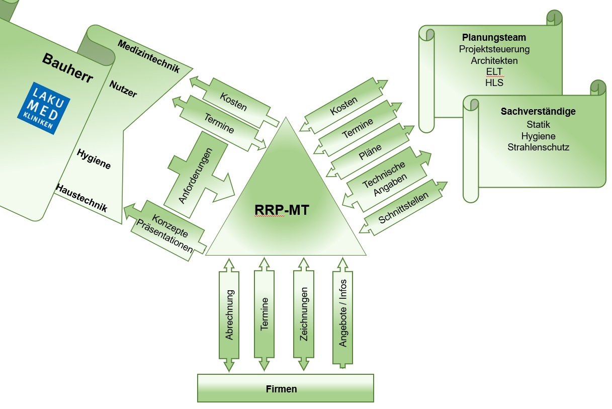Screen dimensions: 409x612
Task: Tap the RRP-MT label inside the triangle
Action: click(x=282, y=209)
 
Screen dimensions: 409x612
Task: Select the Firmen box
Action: click(x=285, y=389)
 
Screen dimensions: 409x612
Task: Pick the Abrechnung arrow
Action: click(x=229, y=315)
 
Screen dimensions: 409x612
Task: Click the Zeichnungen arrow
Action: click(x=303, y=315)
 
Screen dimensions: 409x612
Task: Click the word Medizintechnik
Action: click(x=148, y=56)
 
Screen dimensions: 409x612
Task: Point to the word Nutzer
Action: click(x=123, y=89)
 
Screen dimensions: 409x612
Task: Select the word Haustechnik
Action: click(x=81, y=198)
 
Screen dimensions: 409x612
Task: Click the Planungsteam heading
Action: click(x=494, y=38)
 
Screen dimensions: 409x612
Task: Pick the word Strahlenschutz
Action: click(x=538, y=147)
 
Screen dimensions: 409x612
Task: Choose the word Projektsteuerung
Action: click(x=494, y=49)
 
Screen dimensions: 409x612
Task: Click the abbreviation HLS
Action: click(x=494, y=83)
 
